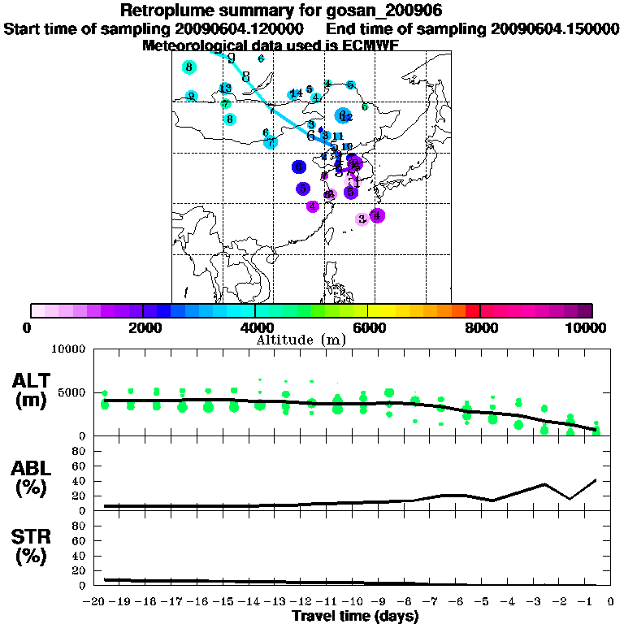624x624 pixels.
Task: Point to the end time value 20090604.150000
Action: (556, 28)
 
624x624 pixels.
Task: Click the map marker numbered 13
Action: (225, 89)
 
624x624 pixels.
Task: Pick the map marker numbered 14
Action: (296, 93)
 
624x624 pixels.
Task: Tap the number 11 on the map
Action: (338, 136)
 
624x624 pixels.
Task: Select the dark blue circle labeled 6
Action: (300, 167)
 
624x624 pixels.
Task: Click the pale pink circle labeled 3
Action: (362, 219)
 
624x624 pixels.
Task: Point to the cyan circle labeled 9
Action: (192, 96)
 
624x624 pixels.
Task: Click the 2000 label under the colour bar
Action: (142, 328)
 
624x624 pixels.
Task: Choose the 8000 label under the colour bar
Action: (480, 328)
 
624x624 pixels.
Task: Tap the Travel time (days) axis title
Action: (356, 616)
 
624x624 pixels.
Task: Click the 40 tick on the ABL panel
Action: (80, 481)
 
